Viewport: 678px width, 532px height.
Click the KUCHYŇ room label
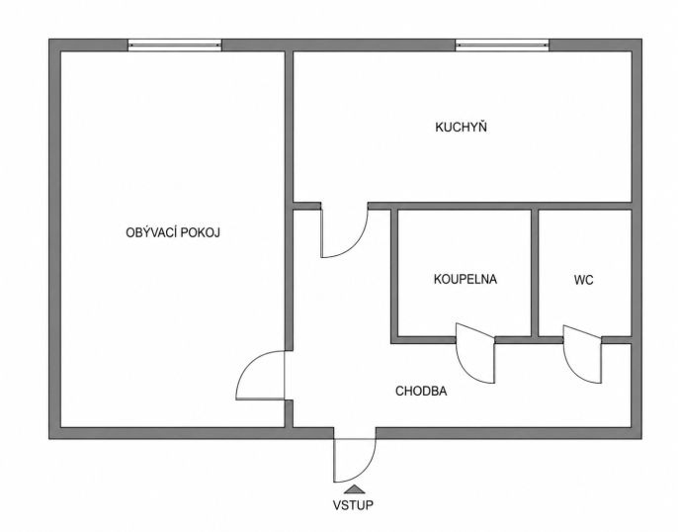461,128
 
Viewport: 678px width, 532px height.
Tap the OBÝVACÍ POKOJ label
173,232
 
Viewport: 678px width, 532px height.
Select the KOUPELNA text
466,279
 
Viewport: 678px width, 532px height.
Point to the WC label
584,280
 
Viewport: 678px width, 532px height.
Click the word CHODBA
421,391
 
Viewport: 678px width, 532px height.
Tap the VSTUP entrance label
353,504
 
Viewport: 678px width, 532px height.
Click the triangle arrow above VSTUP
355,489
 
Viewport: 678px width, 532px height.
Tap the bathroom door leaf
475,352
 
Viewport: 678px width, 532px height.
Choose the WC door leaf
582,353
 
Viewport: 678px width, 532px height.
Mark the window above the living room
175,44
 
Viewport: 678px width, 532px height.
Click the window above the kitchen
502,44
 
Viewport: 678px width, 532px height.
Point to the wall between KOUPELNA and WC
535,273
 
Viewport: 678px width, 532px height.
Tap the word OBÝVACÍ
151,232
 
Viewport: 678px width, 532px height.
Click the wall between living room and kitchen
289,127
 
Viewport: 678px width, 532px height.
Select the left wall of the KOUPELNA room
394,276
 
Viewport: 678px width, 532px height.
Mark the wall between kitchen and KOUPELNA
500,206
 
